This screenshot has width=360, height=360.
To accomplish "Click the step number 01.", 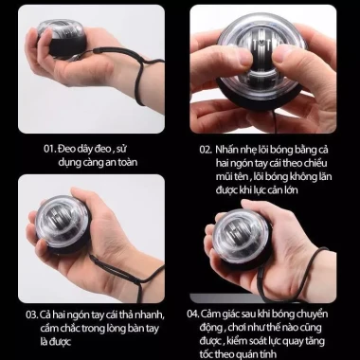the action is pos(49,149).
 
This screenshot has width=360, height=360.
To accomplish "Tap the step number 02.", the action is pos(206,150).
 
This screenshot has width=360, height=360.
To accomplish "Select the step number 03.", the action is pos(32,315).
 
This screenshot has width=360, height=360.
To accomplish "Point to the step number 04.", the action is pos(193,314).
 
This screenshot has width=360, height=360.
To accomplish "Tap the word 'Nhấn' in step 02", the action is pos(226,150).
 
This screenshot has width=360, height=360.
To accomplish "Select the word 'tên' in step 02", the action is pos(243,176).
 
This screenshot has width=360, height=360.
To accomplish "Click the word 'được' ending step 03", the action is pos(60,342).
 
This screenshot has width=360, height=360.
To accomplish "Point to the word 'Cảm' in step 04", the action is pos(211,314).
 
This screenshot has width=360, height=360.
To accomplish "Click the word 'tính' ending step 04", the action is pos(267,354).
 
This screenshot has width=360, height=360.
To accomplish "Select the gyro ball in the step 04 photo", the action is pos(242,240).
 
